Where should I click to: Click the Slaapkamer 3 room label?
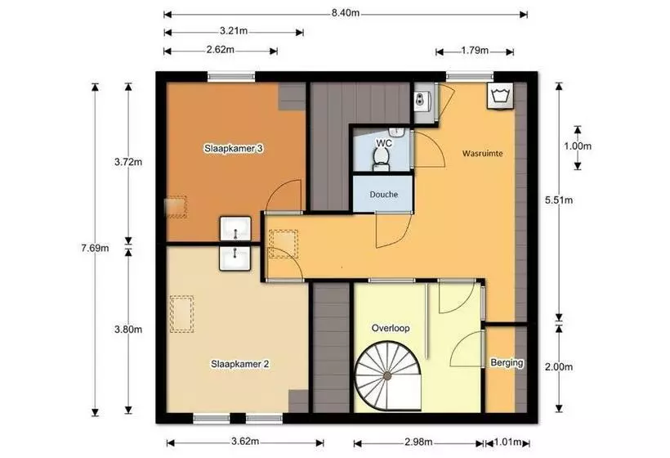pos(234,149)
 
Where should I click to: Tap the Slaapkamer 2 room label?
pos(239,364)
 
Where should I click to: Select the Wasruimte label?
pos(482,153)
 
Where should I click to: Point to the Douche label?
pos(384,194)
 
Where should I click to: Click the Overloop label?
pos(391,328)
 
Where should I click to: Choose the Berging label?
pos(507,362)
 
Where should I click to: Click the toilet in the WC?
pos(380,159)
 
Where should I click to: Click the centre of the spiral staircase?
pos(387,376)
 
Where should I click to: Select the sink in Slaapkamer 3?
pos(235,229)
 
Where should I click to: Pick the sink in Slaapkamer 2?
pos(235,258)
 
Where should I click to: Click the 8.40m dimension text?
pos(346,13)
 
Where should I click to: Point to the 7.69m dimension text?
pos(95,248)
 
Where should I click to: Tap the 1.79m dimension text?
pos(474,51)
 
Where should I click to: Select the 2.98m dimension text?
pos(418,442)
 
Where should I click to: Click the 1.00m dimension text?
pos(578,146)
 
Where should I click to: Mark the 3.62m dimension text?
pos(245,442)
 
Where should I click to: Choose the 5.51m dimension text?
pos(559,200)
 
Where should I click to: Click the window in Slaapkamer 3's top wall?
pos(231,77)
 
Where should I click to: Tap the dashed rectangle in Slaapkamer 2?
pos(181,314)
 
